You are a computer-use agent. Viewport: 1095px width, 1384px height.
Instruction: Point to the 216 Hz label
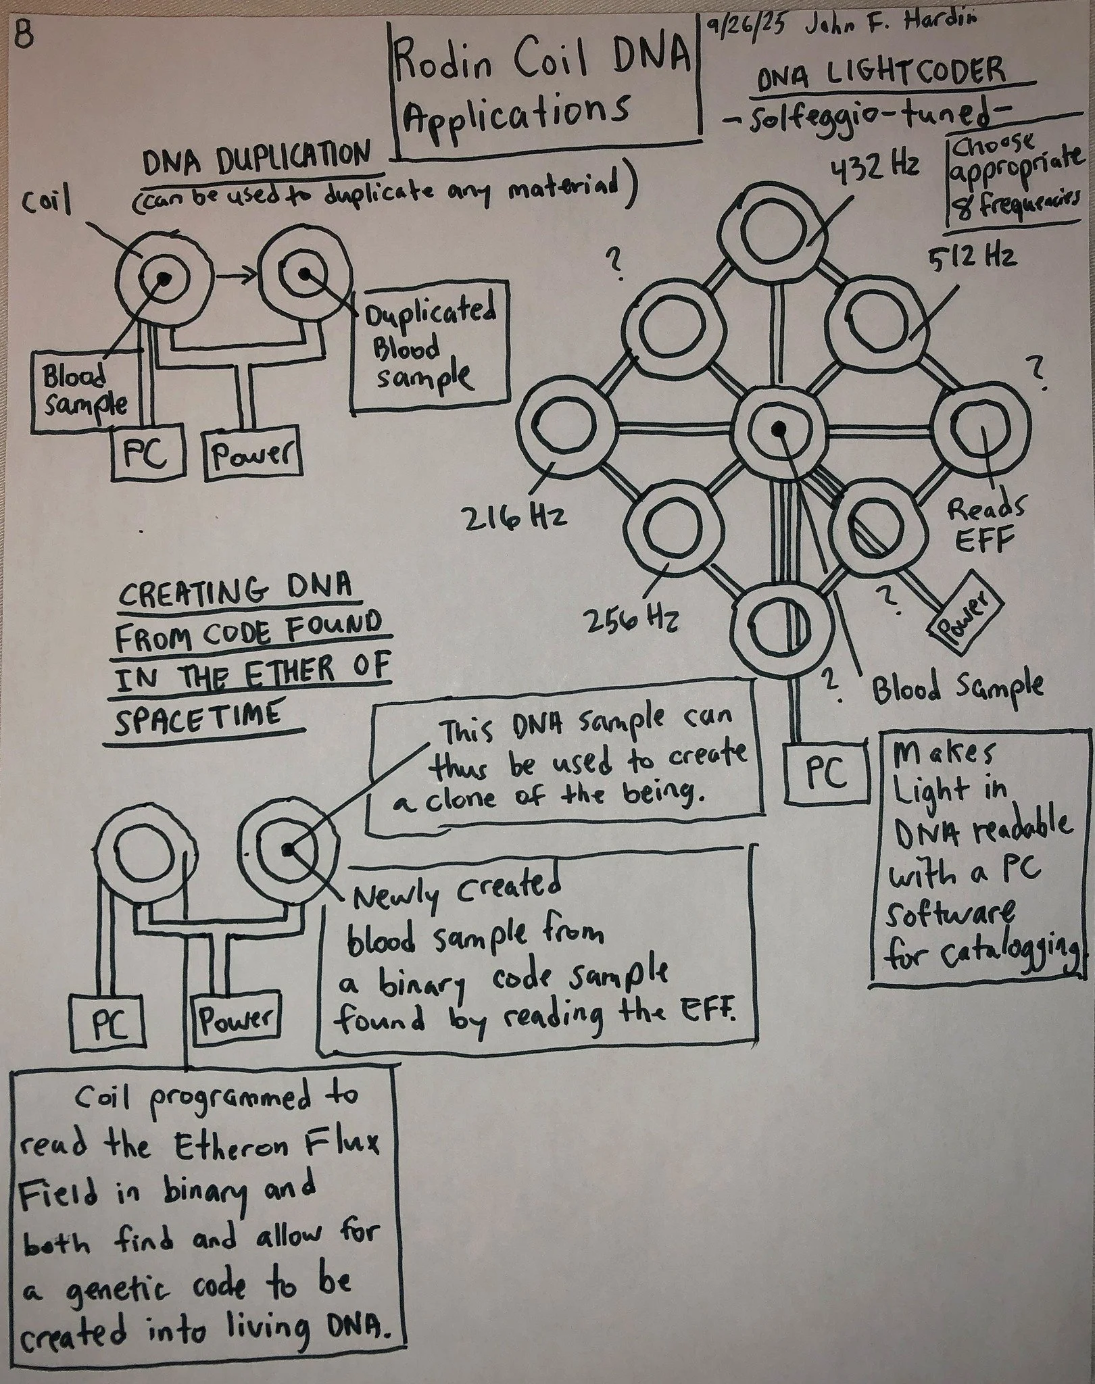coord(514,518)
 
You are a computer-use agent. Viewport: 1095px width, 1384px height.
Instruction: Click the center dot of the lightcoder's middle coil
coord(780,427)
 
